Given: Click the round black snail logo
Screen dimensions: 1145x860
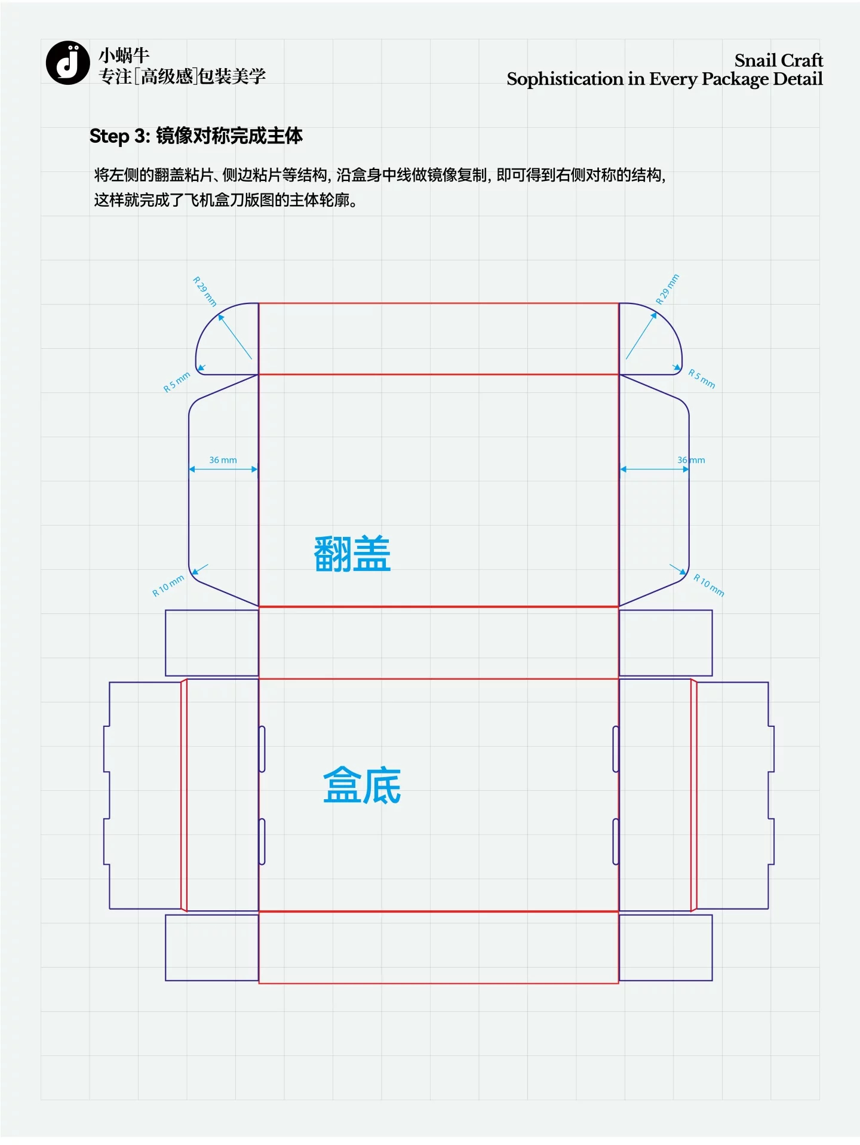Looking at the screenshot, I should [x=67, y=63].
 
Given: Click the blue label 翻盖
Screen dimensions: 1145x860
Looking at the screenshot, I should [x=352, y=554].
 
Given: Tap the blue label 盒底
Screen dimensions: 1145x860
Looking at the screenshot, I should [x=362, y=785].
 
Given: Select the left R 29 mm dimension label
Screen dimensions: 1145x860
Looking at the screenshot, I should [x=204, y=291].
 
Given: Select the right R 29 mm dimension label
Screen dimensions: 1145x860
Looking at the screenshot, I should [x=668, y=289].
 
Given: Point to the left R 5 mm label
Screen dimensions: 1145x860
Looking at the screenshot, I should [x=177, y=382].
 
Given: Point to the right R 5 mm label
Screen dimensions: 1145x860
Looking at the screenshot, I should [x=702, y=378].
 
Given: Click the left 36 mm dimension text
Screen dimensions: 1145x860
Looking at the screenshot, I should [x=223, y=460].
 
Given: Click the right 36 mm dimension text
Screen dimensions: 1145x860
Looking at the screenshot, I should [x=691, y=460].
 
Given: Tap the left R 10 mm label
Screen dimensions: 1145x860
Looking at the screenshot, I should [x=168, y=586].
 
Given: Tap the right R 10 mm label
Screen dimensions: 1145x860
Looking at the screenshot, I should [x=709, y=585].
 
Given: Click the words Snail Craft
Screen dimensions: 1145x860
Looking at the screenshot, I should [x=778, y=60].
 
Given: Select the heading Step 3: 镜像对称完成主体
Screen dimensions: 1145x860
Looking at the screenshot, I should [x=196, y=136].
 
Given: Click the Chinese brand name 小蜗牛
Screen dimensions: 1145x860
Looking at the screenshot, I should [x=124, y=56].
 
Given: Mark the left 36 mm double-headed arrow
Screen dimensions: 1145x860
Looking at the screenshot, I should [x=223, y=469].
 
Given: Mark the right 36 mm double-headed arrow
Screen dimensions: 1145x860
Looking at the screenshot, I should [x=655, y=469].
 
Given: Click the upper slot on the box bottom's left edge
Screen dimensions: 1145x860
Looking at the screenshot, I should [x=262, y=749].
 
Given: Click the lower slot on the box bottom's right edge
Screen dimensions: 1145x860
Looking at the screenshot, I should [x=616, y=842].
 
